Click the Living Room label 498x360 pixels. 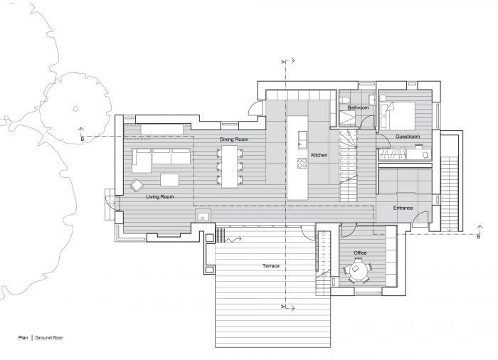160,196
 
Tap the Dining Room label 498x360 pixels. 234,139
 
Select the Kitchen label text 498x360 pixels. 319,155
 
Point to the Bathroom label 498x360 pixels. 358,107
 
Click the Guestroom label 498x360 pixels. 408,137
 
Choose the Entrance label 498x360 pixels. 403,208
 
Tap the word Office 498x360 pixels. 360,253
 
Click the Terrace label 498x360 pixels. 271,265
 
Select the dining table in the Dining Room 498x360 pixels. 230,166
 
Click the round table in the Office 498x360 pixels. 358,271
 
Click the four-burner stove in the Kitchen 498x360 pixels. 302,163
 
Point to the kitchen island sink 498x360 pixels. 302,140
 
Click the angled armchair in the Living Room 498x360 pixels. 137,186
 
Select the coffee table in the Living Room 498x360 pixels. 169,180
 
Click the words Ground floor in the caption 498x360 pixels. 49,338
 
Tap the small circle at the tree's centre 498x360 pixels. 75,109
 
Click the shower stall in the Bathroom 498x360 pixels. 348,119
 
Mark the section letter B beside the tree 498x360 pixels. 83,139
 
